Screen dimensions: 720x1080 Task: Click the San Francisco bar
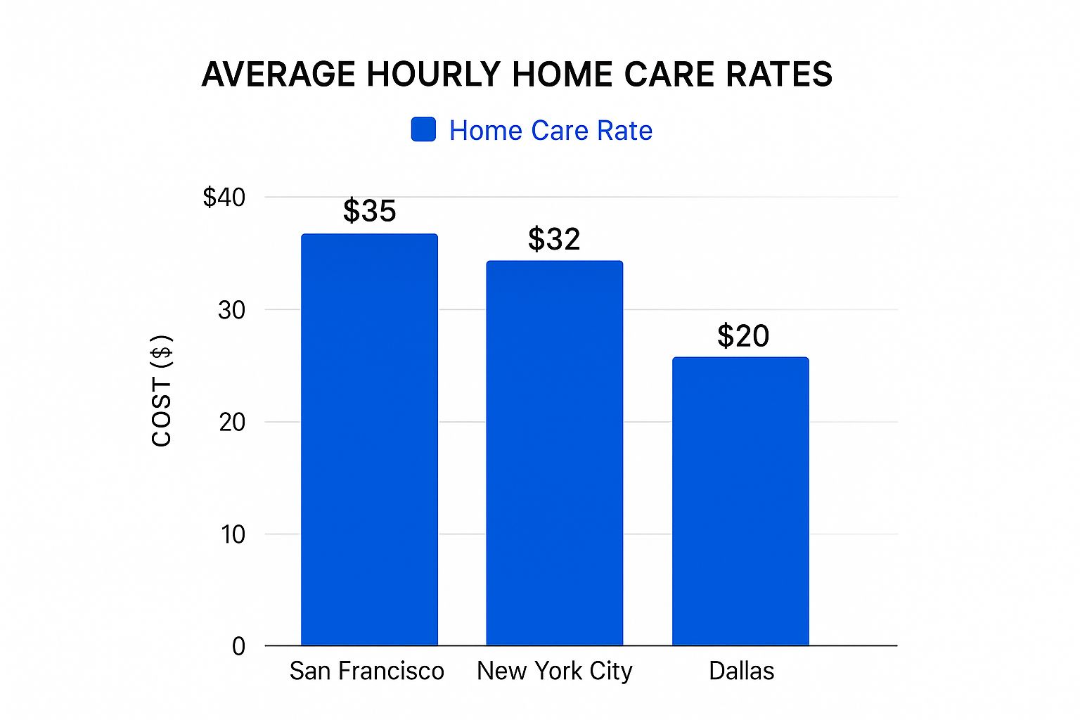point(369,439)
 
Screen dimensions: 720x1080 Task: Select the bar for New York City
point(554,453)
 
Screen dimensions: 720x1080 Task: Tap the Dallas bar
point(740,501)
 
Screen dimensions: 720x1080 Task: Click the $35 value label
point(369,211)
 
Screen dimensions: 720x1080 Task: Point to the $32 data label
point(554,239)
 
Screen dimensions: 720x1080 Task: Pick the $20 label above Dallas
point(743,335)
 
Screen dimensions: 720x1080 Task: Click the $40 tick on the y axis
point(224,197)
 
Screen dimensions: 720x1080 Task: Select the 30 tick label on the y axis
point(231,310)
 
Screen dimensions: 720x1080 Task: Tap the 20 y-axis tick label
point(231,423)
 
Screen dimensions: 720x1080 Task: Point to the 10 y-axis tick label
point(233,534)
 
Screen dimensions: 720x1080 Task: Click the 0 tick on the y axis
point(238,646)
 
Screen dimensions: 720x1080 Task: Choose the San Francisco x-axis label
point(366,671)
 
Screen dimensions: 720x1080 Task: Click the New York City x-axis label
point(554,671)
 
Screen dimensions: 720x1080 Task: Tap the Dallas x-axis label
point(741,671)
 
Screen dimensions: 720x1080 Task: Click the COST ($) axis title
point(162,390)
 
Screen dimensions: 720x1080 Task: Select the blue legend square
point(423,129)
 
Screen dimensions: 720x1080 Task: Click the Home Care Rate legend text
point(551,131)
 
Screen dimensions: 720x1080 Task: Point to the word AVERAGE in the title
point(278,75)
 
